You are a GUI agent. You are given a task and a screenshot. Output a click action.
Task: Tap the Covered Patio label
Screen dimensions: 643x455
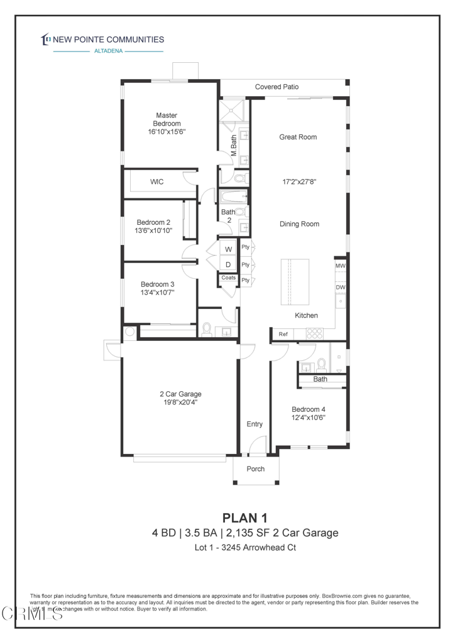[x=277, y=87]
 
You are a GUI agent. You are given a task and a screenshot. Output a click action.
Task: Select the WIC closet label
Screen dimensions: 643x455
[x=156, y=182]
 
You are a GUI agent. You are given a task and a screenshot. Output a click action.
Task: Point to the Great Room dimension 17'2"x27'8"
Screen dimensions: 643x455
[x=299, y=182]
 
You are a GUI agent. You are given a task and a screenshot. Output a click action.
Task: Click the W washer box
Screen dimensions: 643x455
[x=229, y=249]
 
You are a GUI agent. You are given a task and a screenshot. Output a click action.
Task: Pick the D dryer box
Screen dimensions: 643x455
[x=229, y=264]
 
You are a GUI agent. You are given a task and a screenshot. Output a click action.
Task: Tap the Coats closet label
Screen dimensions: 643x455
[x=229, y=278]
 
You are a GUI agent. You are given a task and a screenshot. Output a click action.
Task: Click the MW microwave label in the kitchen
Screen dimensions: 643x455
[x=340, y=266]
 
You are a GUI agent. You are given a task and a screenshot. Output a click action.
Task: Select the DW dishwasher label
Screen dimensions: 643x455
[x=340, y=288]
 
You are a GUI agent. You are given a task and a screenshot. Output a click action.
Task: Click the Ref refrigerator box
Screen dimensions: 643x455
[x=283, y=335]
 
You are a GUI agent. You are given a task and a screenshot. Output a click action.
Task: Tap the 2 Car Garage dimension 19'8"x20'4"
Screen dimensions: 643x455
[x=180, y=403]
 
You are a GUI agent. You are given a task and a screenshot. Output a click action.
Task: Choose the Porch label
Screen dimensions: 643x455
[x=255, y=469]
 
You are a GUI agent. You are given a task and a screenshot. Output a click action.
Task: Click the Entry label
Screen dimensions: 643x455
[x=255, y=424]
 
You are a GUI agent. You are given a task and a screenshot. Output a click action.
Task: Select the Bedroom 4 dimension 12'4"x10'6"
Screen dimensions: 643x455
[x=308, y=417]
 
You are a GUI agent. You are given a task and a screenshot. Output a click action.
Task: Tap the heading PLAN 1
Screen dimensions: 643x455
[x=245, y=517]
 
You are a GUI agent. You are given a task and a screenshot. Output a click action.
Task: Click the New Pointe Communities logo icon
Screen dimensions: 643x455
[x=45, y=40]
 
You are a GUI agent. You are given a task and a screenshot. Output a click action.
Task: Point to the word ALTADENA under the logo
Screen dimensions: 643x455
[x=108, y=51]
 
